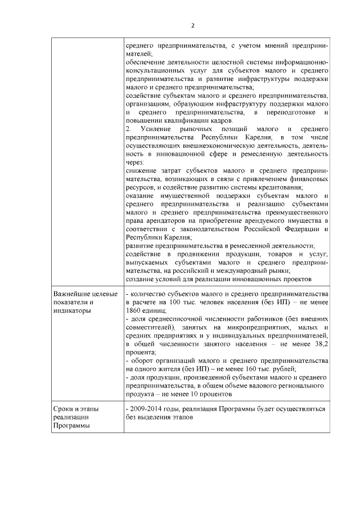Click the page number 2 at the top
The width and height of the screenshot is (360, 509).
pos(193,25)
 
